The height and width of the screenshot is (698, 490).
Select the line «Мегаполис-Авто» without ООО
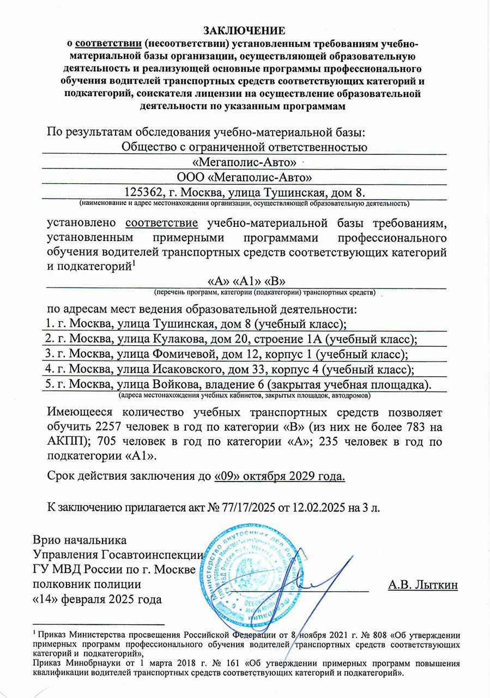coord(245,162)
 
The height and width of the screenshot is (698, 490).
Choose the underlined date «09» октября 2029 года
coord(280,476)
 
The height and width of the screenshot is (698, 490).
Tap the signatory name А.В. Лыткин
coord(422,585)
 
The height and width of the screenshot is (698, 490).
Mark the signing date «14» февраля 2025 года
coord(98,600)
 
